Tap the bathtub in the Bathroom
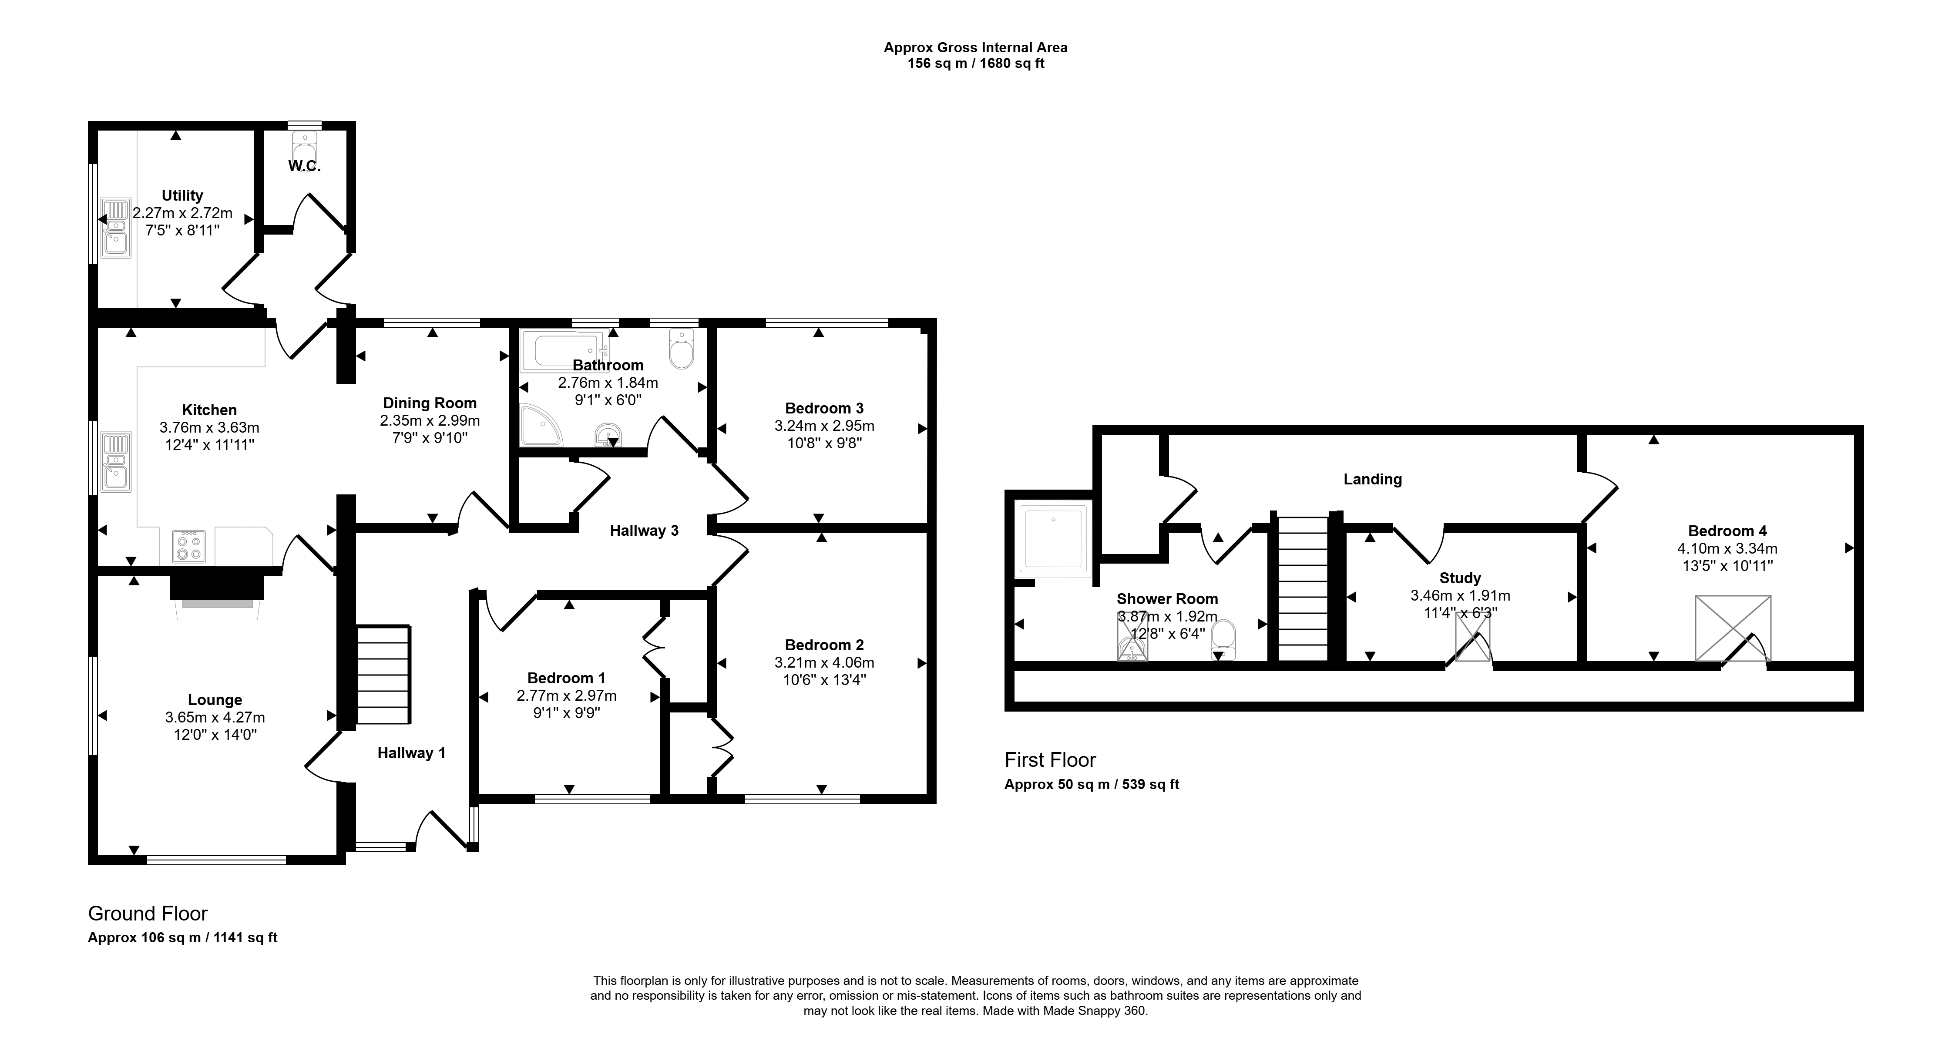point(569,350)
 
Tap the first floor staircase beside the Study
point(1304,589)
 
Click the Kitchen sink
point(116,460)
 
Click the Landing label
point(1372,479)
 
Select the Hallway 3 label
point(644,531)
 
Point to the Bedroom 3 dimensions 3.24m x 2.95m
point(824,426)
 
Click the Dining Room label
point(430,403)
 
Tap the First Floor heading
point(1050,760)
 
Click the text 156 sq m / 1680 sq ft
point(976,64)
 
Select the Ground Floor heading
point(148,914)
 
